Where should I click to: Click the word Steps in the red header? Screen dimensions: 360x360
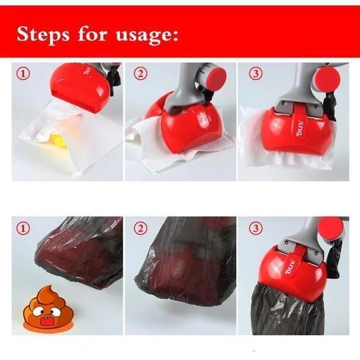pyautogui.click(x=45, y=34)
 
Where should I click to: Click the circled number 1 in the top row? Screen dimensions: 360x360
pyautogui.click(x=24, y=74)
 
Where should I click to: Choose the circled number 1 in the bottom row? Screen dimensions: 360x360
pyautogui.click(x=24, y=229)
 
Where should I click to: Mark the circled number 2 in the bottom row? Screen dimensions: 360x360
pyautogui.click(x=139, y=229)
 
